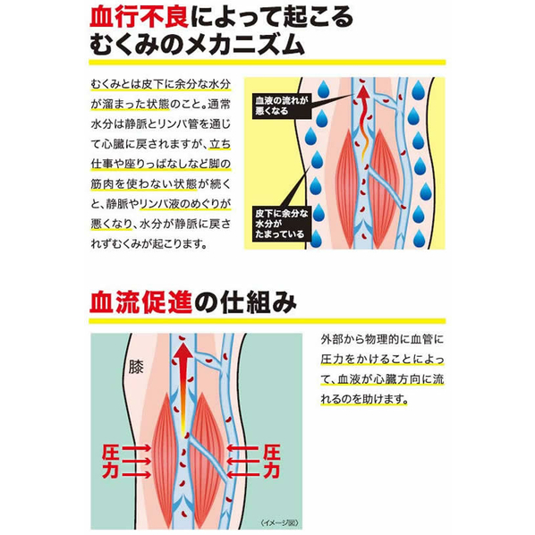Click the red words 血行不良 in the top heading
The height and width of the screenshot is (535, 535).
click(140, 17)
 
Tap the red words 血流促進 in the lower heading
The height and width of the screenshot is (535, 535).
click(140, 302)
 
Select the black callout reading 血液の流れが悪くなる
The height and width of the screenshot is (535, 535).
click(282, 106)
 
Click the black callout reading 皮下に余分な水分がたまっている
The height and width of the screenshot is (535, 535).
click(282, 224)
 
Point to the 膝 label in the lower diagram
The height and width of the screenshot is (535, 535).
click(136, 367)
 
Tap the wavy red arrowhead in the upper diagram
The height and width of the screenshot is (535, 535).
click(364, 93)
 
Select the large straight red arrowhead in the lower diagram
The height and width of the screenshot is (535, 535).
click(183, 355)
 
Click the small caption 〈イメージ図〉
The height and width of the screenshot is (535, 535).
click(279, 522)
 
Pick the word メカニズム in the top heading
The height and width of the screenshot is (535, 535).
click(244, 45)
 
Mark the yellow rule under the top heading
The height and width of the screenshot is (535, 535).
click(267, 63)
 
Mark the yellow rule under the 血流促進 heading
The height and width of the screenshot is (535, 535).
click(267, 320)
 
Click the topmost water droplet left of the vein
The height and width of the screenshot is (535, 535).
click(324, 89)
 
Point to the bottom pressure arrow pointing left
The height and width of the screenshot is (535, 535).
click(243, 474)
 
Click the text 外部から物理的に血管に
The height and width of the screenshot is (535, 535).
click(382, 339)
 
